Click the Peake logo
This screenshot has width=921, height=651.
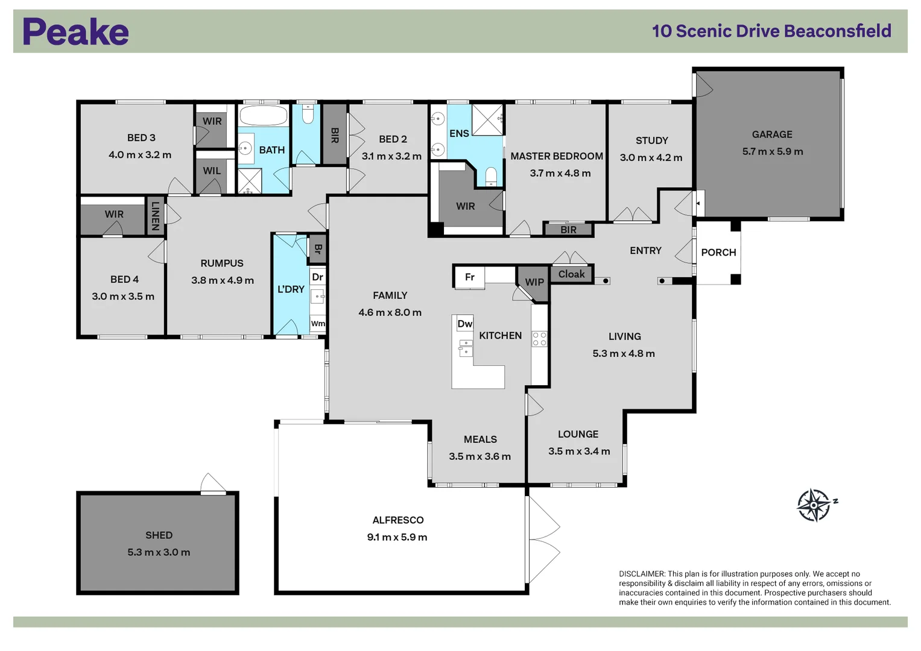75,31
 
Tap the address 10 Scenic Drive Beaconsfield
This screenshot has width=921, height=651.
771,31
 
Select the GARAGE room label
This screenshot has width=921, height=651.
772,134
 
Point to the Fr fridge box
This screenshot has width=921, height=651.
469,277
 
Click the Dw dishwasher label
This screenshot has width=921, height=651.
464,324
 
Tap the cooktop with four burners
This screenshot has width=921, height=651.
539,339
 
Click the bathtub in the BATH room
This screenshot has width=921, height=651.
264,116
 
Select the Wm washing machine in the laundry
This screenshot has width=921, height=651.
318,324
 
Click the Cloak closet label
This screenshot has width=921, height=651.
571,274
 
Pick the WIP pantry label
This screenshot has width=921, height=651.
534,282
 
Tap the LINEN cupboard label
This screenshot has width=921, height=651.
155,216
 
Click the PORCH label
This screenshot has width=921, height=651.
718,253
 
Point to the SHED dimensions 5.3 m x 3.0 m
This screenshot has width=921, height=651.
159,552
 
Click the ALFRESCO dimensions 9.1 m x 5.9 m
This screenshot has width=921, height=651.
397,537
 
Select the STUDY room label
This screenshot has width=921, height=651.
651,140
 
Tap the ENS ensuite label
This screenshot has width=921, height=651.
459,134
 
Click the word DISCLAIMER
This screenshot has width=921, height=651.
642,574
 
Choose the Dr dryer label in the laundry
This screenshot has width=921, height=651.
317,277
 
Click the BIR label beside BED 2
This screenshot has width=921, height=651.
335,135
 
